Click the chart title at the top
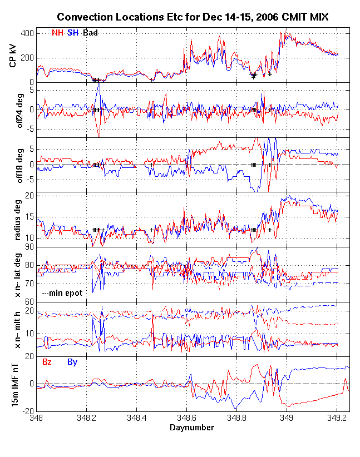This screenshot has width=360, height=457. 193,18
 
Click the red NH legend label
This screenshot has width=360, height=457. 57,33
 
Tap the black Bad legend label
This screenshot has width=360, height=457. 91,33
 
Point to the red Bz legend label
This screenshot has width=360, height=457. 48,362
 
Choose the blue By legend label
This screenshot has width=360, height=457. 72,362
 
